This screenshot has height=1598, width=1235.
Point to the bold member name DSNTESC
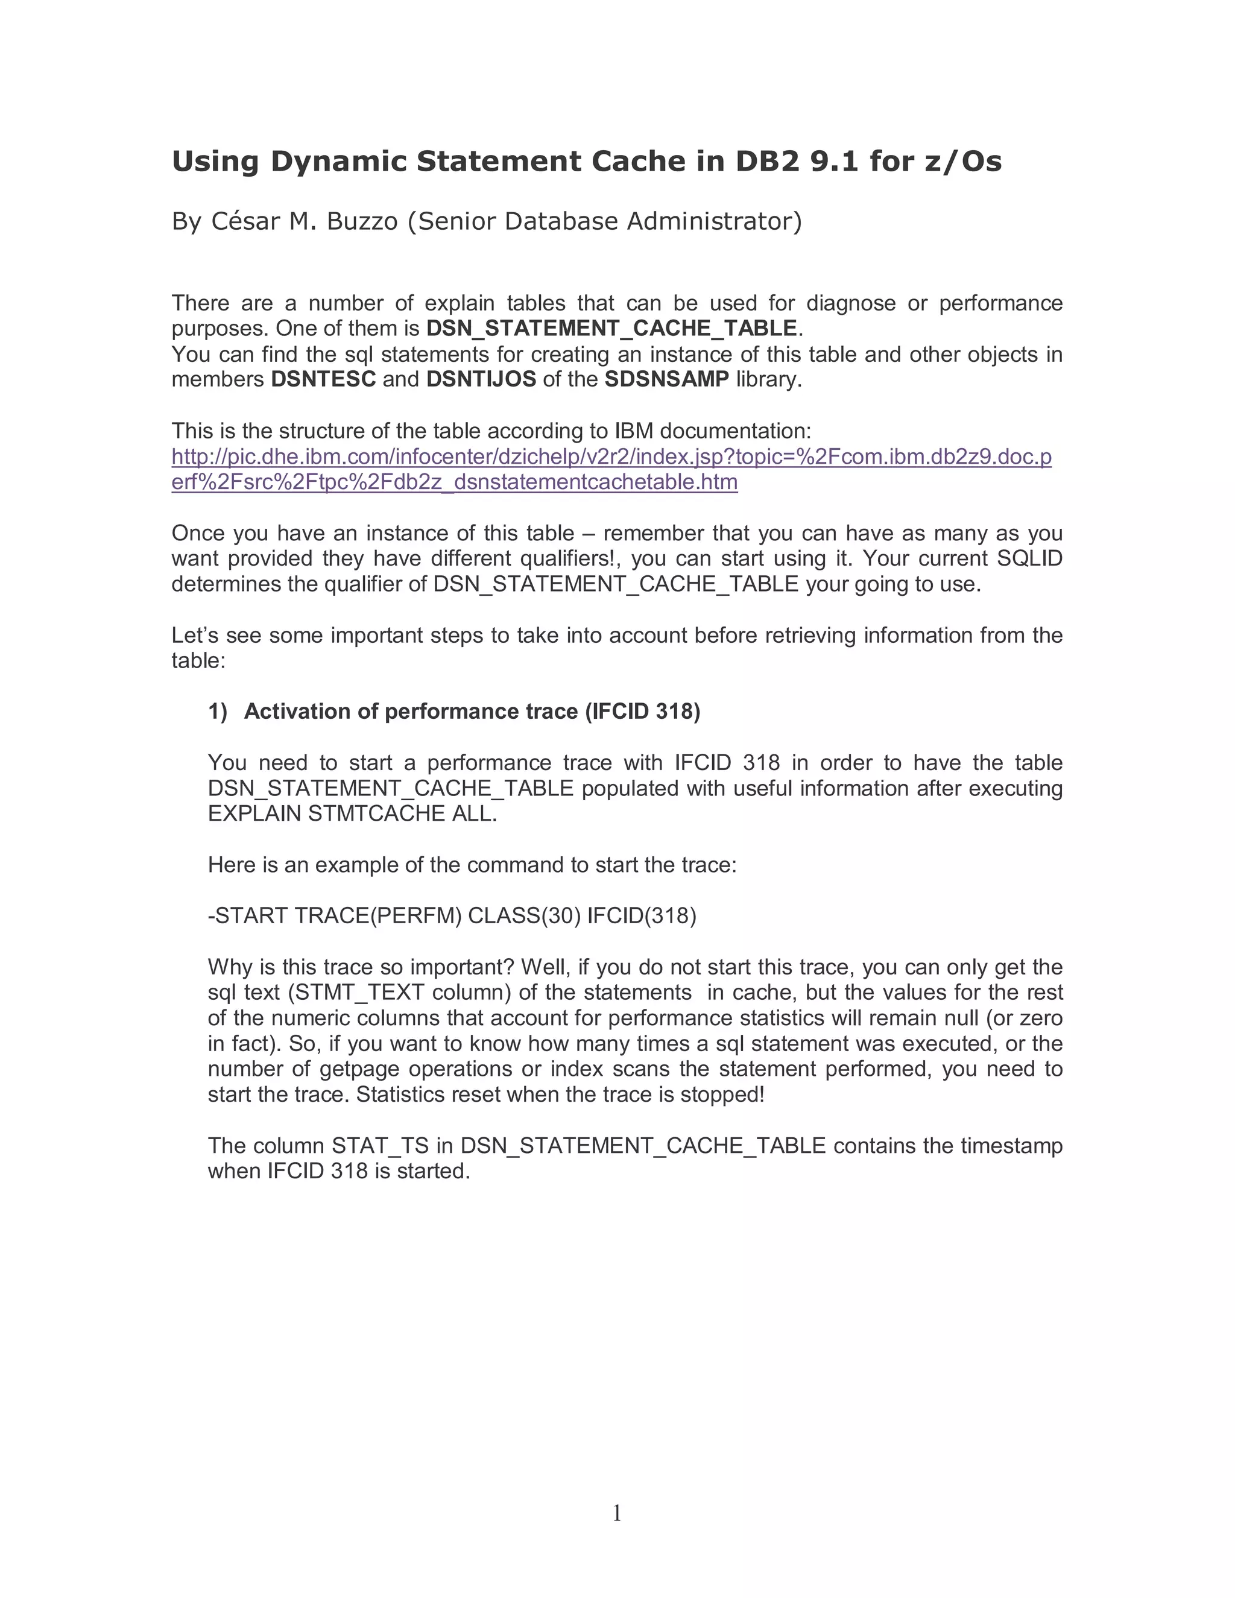(x=323, y=380)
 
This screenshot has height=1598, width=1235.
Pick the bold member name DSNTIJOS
(x=481, y=380)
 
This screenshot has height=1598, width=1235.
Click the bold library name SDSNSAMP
(x=666, y=380)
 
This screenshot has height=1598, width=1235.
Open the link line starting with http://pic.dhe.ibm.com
(x=611, y=457)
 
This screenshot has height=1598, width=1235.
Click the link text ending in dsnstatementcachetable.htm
(x=454, y=482)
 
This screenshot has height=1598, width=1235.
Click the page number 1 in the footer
(x=617, y=1512)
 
